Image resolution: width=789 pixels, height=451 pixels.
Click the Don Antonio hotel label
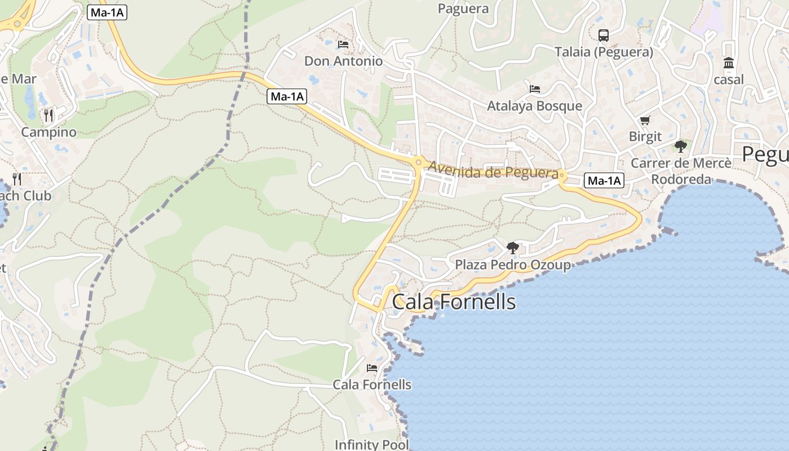tap(343, 61)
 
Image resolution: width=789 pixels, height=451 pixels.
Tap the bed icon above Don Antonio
tap(343, 44)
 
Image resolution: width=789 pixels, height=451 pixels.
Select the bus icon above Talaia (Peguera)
tap(604, 35)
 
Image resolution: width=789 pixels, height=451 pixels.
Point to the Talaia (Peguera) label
tap(604, 52)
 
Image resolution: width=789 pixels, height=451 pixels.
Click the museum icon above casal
tap(729, 63)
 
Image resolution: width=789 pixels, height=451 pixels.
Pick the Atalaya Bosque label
tap(534, 106)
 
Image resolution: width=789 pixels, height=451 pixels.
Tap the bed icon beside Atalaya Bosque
tap(535, 89)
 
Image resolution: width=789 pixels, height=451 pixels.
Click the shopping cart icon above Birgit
tap(645, 120)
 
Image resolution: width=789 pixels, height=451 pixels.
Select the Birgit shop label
tap(645, 137)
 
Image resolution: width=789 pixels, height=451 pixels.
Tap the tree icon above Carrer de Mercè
tap(681, 147)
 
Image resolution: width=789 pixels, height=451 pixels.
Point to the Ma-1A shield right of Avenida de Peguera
tap(605, 181)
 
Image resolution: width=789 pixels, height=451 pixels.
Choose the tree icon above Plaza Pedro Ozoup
tap(512, 247)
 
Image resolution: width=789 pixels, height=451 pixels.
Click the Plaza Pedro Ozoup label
tap(512, 265)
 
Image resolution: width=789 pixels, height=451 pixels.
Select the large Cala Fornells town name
tap(454, 302)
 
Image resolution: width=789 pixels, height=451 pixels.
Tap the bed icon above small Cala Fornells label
tap(372, 368)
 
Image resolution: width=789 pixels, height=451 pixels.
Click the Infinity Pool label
tap(371, 444)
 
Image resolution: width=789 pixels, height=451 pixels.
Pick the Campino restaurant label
tap(48, 132)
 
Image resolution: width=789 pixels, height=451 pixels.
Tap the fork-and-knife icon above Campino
tap(48, 116)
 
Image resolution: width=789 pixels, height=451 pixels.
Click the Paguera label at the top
tap(463, 8)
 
